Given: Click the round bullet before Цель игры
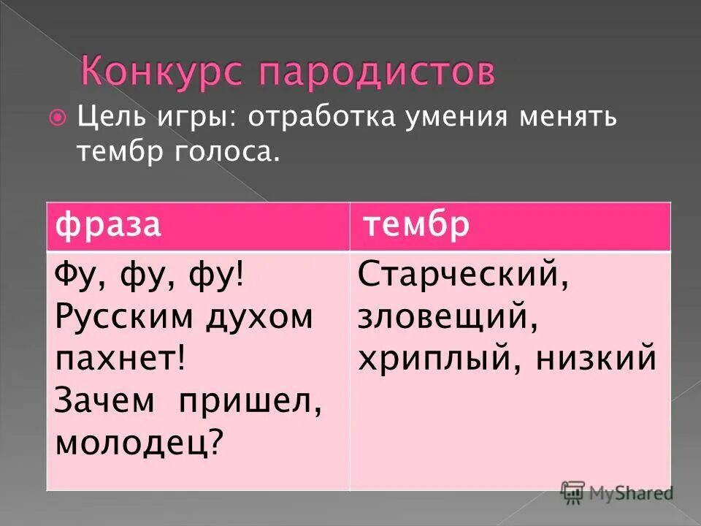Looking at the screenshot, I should coord(61,117).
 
